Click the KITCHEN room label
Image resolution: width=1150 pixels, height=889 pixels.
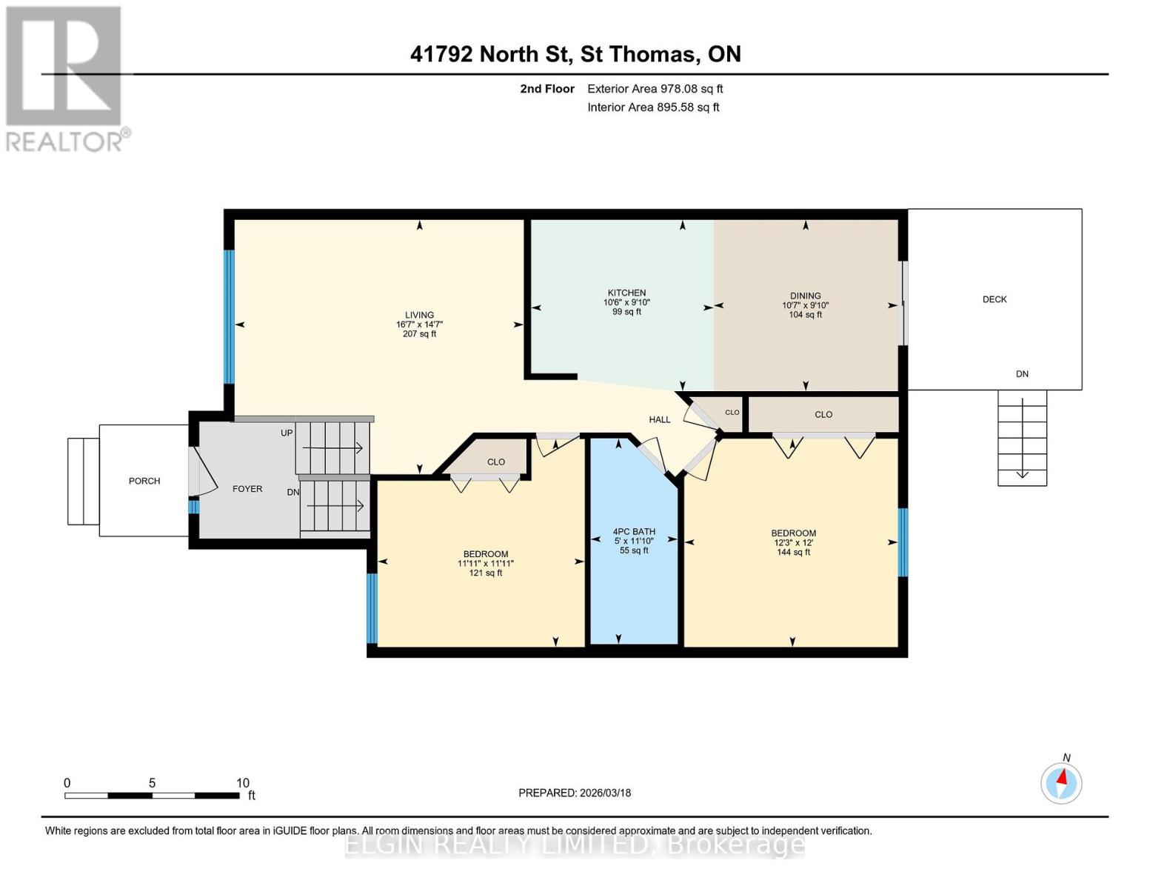pyautogui.click(x=626, y=293)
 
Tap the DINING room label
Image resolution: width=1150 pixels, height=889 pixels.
pyautogui.click(x=805, y=296)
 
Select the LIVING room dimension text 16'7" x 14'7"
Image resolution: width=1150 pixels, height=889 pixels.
pyautogui.click(x=419, y=324)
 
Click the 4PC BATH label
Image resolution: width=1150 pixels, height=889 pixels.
pyautogui.click(x=634, y=531)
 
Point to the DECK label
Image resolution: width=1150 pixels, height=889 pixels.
pyautogui.click(x=994, y=299)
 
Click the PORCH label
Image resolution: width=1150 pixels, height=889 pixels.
pyautogui.click(x=144, y=481)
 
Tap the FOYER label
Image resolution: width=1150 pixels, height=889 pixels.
pyautogui.click(x=247, y=489)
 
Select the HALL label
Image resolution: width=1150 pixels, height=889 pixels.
pyautogui.click(x=659, y=419)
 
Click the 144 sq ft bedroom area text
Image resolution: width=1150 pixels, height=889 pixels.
pyautogui.click(x=793, y=552)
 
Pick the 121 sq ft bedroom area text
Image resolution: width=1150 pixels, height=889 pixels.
pyautogui.click(x=486, y=573)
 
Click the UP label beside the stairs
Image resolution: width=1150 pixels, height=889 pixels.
pyautogui.click(x=287, y=433)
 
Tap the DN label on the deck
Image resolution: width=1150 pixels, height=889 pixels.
pyautogui.click(x=1022, y=374)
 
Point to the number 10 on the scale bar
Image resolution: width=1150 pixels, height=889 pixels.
pyautogui.click(x=242, y=783)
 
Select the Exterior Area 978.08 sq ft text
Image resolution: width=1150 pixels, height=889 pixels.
pyautogui.click(x=655, y=89)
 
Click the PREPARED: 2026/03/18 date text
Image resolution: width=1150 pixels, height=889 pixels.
pyautogui.click(x=575, y=793)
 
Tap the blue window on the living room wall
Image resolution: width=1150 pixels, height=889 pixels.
pyautogui.click(x=229, y=316)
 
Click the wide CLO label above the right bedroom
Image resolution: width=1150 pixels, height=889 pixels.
pyautogui.click(x=823, y=415)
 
